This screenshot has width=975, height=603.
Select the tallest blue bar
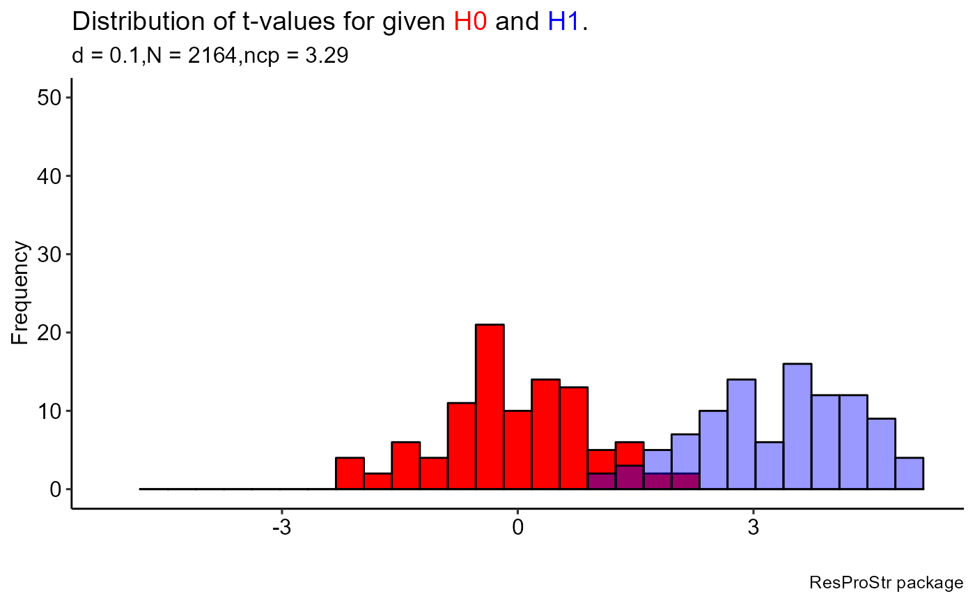797,426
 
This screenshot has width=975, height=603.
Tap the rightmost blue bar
909,473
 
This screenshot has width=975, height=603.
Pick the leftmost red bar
350,473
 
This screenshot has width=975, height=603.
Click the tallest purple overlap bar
630,478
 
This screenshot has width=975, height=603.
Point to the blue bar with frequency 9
881,454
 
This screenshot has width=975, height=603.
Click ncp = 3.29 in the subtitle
309,56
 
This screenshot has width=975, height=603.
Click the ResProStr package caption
887,583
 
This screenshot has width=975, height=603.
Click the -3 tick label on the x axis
281,527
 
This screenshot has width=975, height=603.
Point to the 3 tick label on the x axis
753,527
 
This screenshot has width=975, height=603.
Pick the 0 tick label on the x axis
517,527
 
